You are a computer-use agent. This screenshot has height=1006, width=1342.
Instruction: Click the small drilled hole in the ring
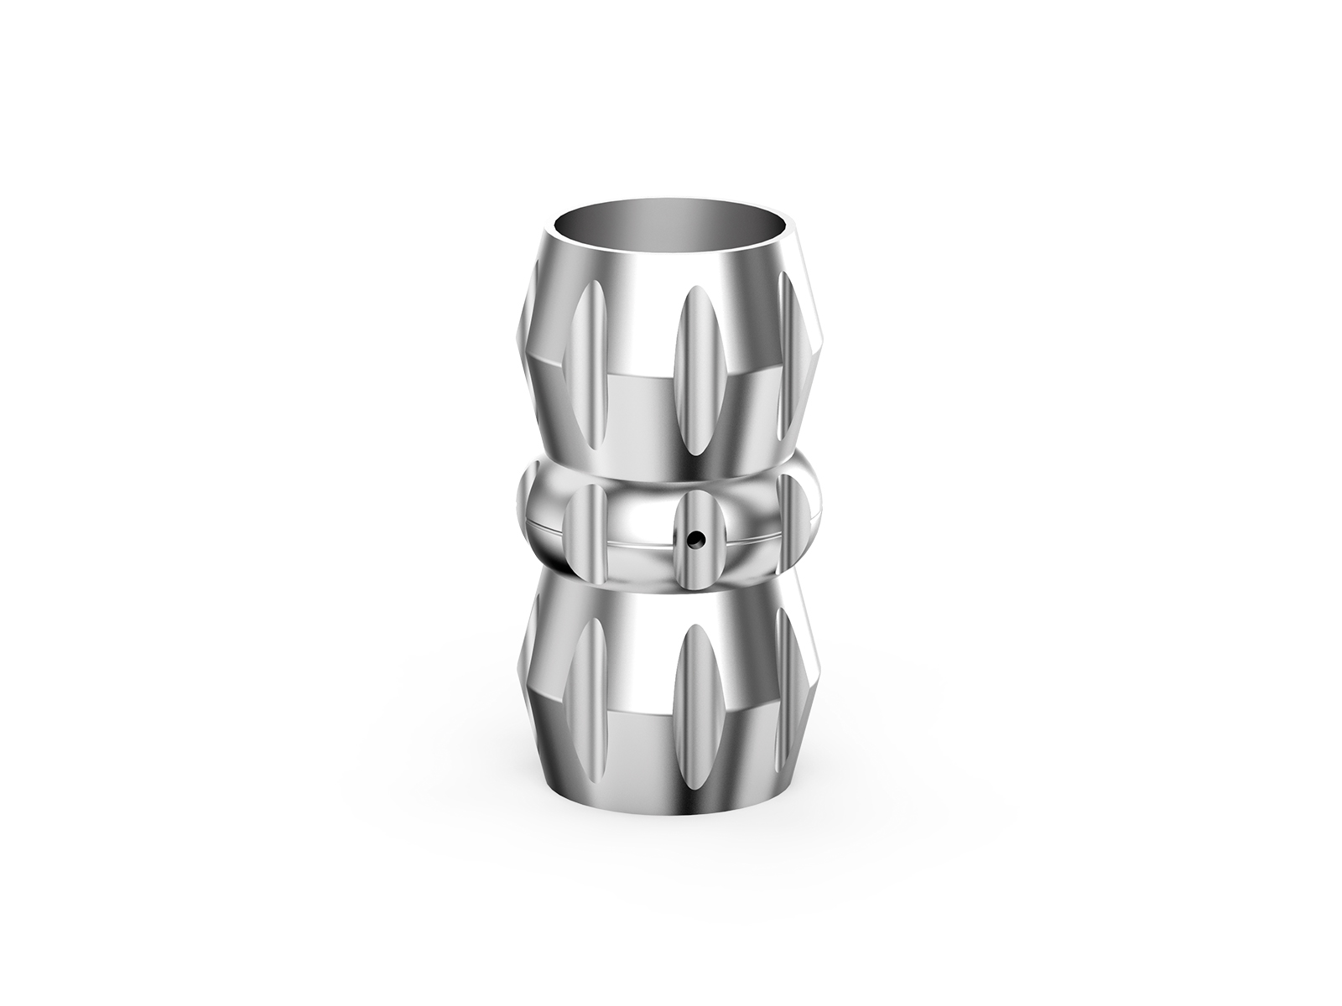click(694, 537)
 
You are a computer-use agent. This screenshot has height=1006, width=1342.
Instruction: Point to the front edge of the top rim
click(671, 267)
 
